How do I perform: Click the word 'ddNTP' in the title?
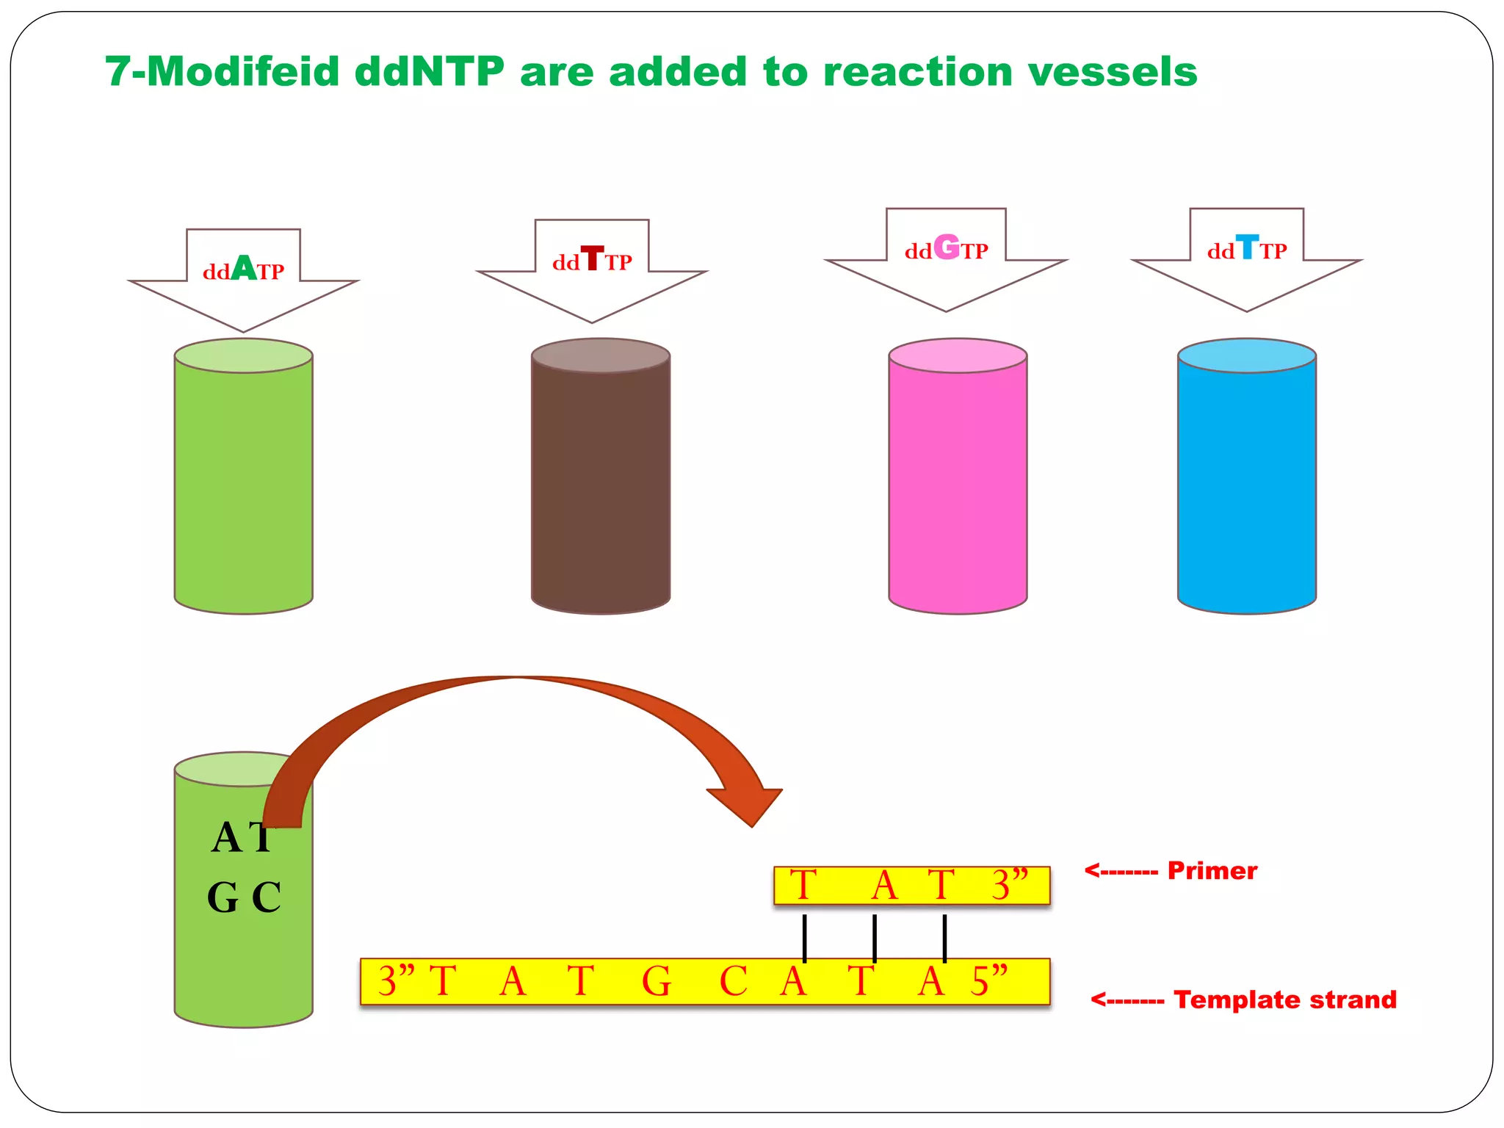[x=430, y=72]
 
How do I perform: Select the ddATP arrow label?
[x=243, y=270]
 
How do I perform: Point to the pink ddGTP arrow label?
[x=946, y=249]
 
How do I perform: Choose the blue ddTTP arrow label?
[x=1246, y=249]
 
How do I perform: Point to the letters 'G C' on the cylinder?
[x=244, y=897]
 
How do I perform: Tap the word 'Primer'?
[x=1212, y=871]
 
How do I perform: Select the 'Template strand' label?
[x=1284, y=999]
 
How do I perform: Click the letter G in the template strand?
[x=656, y=982]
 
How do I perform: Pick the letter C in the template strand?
[x=733, y=982]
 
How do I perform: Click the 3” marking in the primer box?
[x=1010, y=885]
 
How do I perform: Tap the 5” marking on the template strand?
[x=989, y=981]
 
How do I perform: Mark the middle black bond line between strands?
[x=874, y=938]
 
